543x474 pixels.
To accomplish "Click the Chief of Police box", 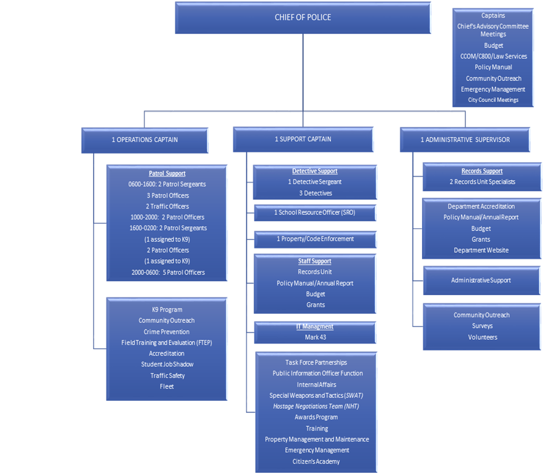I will coord(303,18).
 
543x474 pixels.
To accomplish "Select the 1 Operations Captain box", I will coord(145,140).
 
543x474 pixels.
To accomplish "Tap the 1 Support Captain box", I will coord(303,139).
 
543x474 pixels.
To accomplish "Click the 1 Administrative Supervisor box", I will coord(465,140).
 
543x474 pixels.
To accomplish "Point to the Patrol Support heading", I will coord(167,174).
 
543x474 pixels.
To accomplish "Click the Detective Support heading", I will coord(314,171).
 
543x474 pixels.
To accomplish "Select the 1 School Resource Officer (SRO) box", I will coord(315,213).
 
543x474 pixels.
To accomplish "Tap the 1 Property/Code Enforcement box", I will coord(315,239).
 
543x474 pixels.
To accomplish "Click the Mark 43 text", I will coord(315,337).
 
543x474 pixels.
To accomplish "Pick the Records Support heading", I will coord(482,171).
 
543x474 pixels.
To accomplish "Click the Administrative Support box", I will coord(481,281).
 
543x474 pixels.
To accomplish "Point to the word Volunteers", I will coord(482,337).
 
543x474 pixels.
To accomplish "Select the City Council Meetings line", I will coord(493,100).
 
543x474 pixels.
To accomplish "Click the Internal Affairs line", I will coord(316,385).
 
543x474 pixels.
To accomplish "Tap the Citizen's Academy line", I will coord(317,461).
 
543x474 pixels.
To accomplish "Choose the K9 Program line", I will coord(167,310).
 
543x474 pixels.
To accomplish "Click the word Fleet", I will coord(167,386).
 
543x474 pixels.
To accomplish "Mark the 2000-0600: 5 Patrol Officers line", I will coord(167,272).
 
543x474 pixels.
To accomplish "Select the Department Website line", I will coord(481,250).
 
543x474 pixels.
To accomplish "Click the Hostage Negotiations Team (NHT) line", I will coord(316,406).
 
